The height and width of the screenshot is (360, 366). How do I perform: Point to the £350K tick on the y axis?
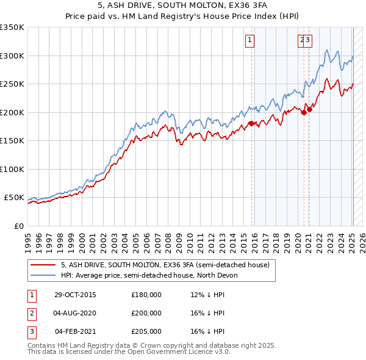[12, 27]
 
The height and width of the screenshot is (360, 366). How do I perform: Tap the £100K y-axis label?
[12, 169]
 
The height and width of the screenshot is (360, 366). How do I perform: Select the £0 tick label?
[19, 226]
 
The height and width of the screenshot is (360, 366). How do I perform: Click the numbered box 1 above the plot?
[251, 41]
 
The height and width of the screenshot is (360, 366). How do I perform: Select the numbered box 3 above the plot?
[307, 41]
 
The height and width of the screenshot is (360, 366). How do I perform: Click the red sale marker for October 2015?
[251, 124]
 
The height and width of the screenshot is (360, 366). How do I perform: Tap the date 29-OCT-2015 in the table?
[75, 295]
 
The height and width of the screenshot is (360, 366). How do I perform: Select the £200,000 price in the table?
[146, 313]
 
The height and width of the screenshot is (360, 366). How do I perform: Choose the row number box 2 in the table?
[31, 313]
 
